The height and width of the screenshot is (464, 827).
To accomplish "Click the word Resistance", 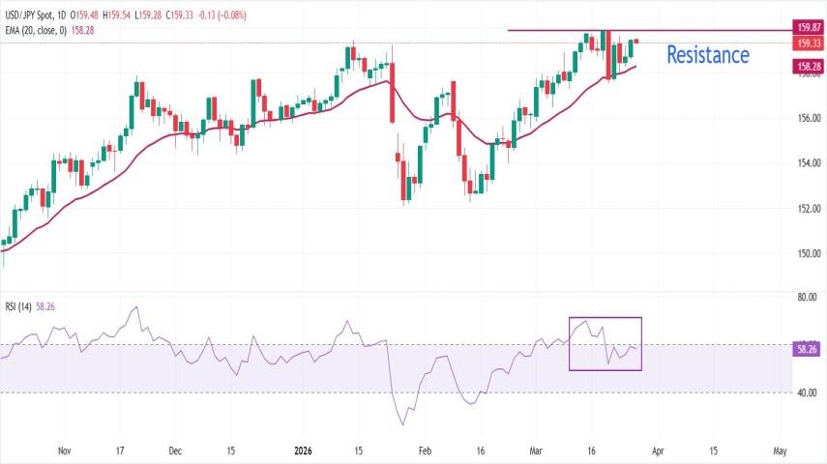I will coord(707,55).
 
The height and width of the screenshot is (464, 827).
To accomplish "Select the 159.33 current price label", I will coord(808,43).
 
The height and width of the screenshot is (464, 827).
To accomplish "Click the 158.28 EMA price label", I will coord(808,67).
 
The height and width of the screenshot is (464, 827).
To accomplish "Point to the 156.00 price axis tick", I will coord(808,118).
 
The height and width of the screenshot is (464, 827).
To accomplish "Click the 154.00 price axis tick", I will coord(808,162).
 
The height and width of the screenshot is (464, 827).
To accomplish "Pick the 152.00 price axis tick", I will coord(808,209).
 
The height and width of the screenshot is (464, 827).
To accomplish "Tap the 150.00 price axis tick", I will coord(808,254).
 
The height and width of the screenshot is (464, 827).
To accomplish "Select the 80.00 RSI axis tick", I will coord(806,298).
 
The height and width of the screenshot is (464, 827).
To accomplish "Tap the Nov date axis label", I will coord(65,450).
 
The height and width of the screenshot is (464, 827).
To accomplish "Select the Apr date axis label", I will coord(658,450).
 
